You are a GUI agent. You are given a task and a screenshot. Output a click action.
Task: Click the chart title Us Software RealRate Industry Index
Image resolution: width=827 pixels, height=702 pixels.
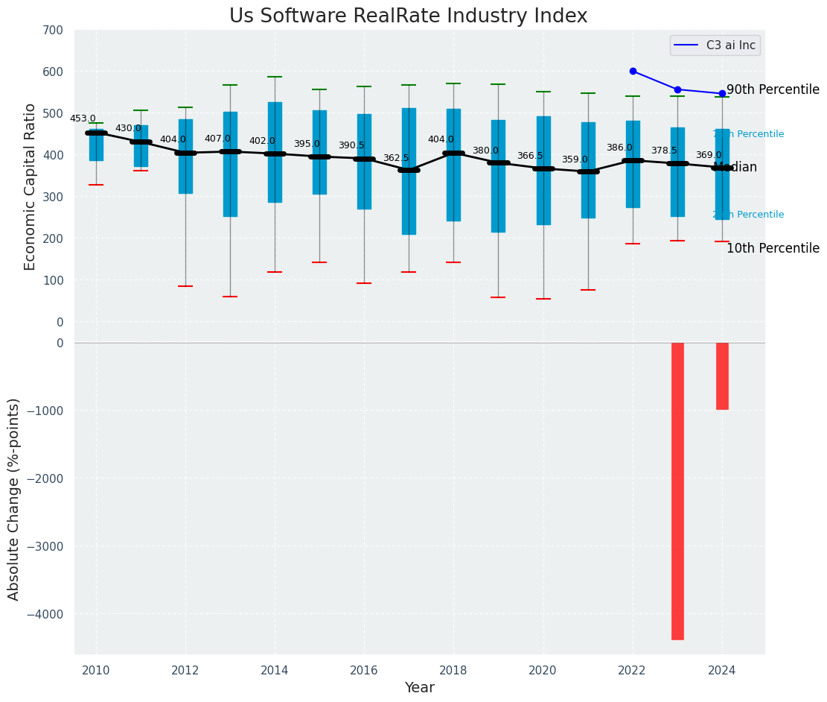coord(408,16)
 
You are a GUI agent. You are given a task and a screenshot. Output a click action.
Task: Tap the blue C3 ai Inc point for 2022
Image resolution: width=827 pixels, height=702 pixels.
coord(633,72)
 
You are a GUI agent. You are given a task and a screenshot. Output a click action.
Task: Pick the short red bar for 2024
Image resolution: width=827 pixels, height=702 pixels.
coord(722,376)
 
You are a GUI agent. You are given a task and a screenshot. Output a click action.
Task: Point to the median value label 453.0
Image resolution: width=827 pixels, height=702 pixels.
coord(83,118)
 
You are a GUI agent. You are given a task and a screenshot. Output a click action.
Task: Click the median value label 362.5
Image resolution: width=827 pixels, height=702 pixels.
coord(396,158)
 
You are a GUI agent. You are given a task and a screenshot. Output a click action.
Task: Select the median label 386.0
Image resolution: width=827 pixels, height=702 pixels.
coord(619,148)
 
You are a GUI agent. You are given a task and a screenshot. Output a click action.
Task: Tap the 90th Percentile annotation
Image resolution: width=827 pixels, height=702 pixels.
coord(773,89)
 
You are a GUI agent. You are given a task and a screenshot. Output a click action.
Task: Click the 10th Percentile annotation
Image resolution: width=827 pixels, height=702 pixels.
coord(773,248)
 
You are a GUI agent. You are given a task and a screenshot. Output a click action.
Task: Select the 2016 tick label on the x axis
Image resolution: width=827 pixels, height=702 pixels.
coord(364,671)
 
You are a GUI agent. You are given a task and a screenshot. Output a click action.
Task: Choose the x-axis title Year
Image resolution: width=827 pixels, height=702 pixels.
coord(420,688)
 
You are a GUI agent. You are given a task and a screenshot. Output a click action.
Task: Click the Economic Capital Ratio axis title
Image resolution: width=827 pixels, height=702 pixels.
coord(30,186)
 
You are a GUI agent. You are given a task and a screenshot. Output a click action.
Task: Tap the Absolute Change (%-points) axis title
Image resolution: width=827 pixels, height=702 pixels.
coord(13,499)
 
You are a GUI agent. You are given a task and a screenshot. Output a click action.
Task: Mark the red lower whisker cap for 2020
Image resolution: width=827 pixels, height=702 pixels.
coord(543,299)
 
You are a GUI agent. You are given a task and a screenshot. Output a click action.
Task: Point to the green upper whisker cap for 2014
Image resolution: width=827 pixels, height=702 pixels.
coord(275,77)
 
